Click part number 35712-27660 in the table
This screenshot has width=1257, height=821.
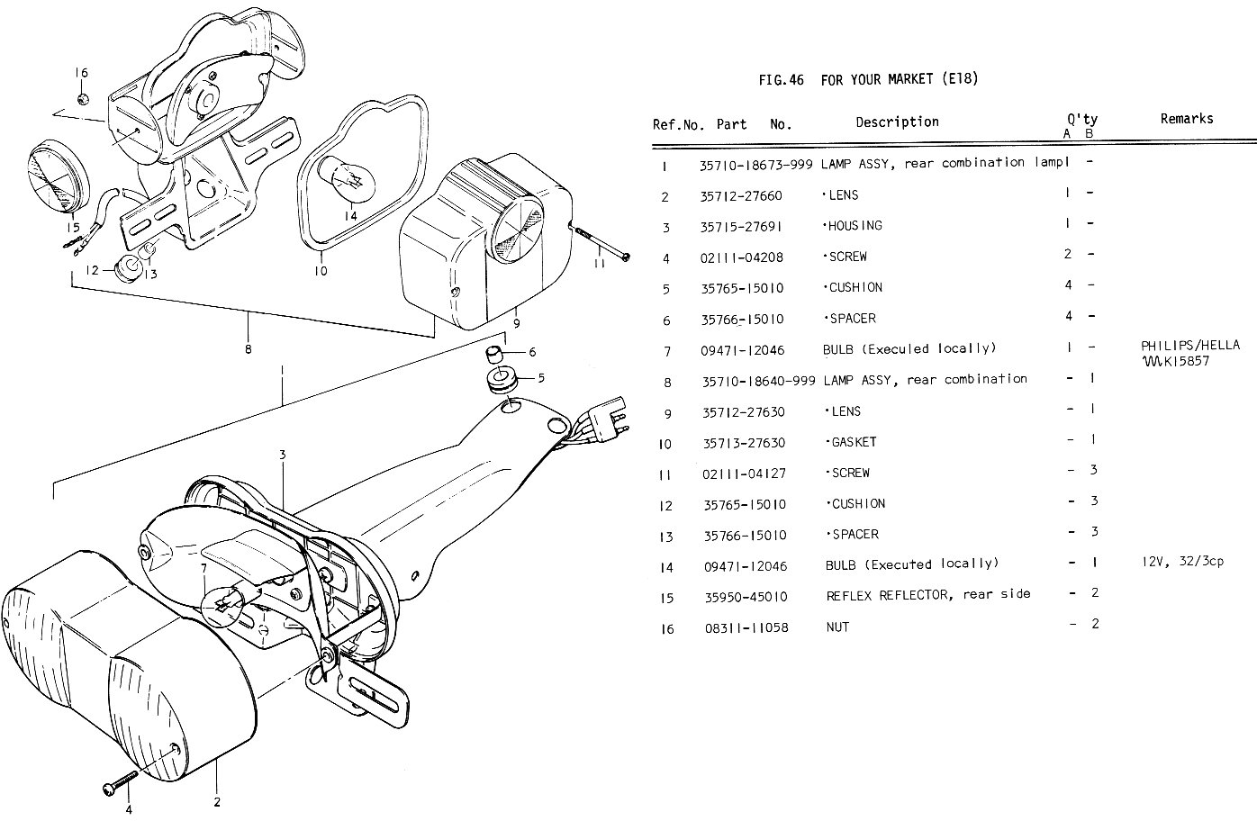point(741,195)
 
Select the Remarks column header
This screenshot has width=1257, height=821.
point(1186,119)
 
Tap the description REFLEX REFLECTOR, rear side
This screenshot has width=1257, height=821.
point(927,595)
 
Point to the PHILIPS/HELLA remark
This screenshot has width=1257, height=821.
point(1189,345)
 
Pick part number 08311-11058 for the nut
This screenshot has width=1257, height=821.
point(746,627)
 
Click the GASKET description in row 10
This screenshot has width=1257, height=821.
point(851,442)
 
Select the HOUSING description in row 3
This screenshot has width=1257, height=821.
point(854,226)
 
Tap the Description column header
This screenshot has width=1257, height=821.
point(896,122)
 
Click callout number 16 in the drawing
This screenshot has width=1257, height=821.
point(81,73)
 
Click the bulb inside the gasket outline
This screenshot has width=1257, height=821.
point(351,176)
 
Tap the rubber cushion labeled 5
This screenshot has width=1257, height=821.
point(501,379)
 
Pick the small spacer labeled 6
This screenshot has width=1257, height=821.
point(494,351)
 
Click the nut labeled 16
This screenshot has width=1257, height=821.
point(82,97)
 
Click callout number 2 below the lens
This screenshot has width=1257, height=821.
point(217,802)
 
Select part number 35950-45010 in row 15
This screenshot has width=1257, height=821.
point(746,597)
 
